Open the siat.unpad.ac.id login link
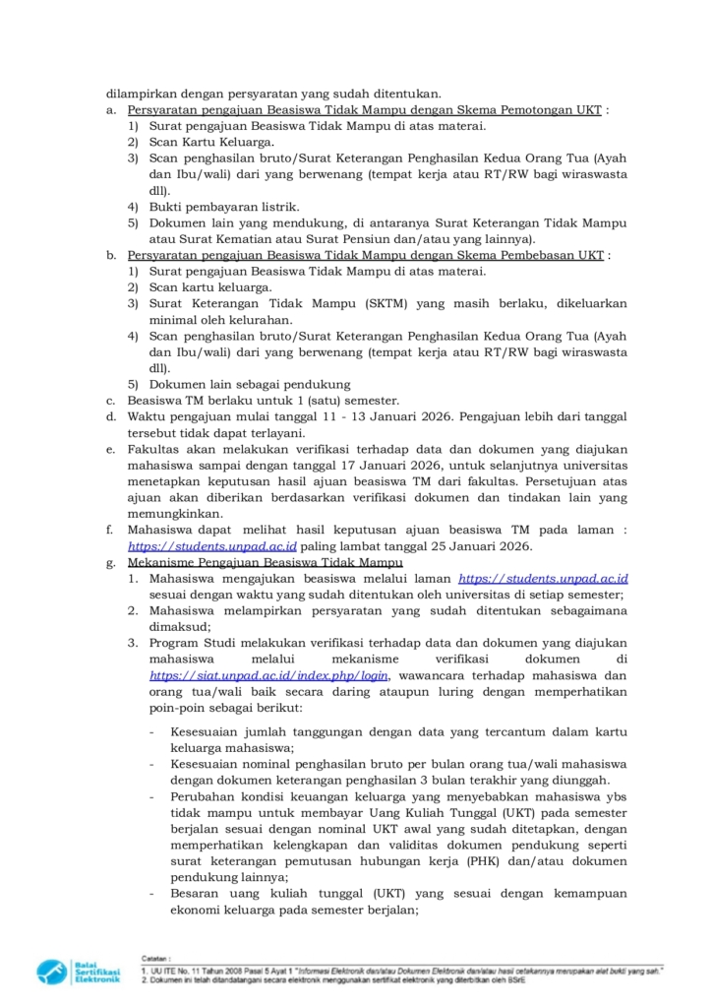pyautogui.click(x=269, y=675)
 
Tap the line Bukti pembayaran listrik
pyautogui.click(x=209, y=207)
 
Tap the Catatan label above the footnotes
pyautogui.click(x=155, y=956)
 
